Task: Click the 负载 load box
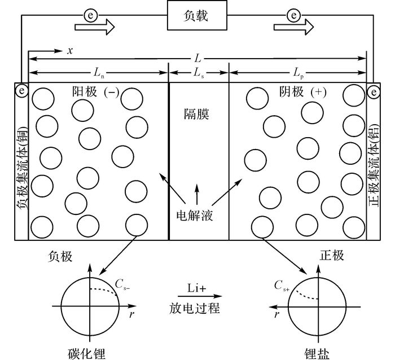tap(197, 15)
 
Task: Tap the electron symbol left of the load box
tap(90, 16)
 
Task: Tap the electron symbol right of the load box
tap(294, 16)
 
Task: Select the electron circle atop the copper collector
tap(21, 90)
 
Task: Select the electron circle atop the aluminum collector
tap(374, 92)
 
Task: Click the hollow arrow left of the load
tap(95, 27)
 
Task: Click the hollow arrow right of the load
tap(294, 27)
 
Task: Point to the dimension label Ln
tap(99, 73)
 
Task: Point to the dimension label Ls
tap(199, 73)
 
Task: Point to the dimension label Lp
tap(299, 73)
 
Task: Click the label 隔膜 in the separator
tap(196, 115)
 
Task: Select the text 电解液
tap(195, 216)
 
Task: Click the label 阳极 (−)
tap(96, 91)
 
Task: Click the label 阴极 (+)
tap(302, 92)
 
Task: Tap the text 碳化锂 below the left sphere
tap(86, 353)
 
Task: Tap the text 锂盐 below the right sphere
tap(317, 353)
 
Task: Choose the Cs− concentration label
tap(122, 284)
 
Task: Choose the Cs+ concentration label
tap(282, 286)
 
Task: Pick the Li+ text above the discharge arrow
tap(196, 288)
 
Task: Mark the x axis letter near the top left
tap(70, 51)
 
